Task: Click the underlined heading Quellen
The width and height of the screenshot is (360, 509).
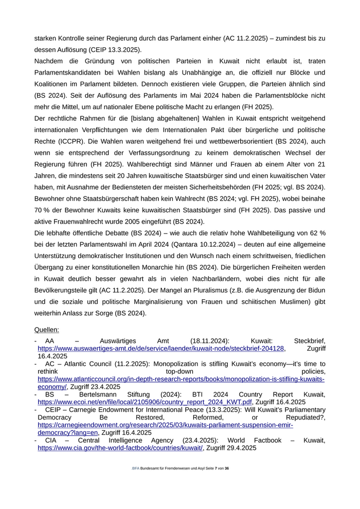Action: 46,330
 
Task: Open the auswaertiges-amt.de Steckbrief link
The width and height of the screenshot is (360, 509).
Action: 161,349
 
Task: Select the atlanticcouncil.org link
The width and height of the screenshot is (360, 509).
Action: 181,379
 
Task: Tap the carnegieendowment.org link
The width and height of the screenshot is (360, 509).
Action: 165,425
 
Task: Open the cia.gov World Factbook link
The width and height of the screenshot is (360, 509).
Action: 120,448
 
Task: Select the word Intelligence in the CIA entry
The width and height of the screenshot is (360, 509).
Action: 123,441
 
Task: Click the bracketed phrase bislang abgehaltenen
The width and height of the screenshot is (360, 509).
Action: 164,118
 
